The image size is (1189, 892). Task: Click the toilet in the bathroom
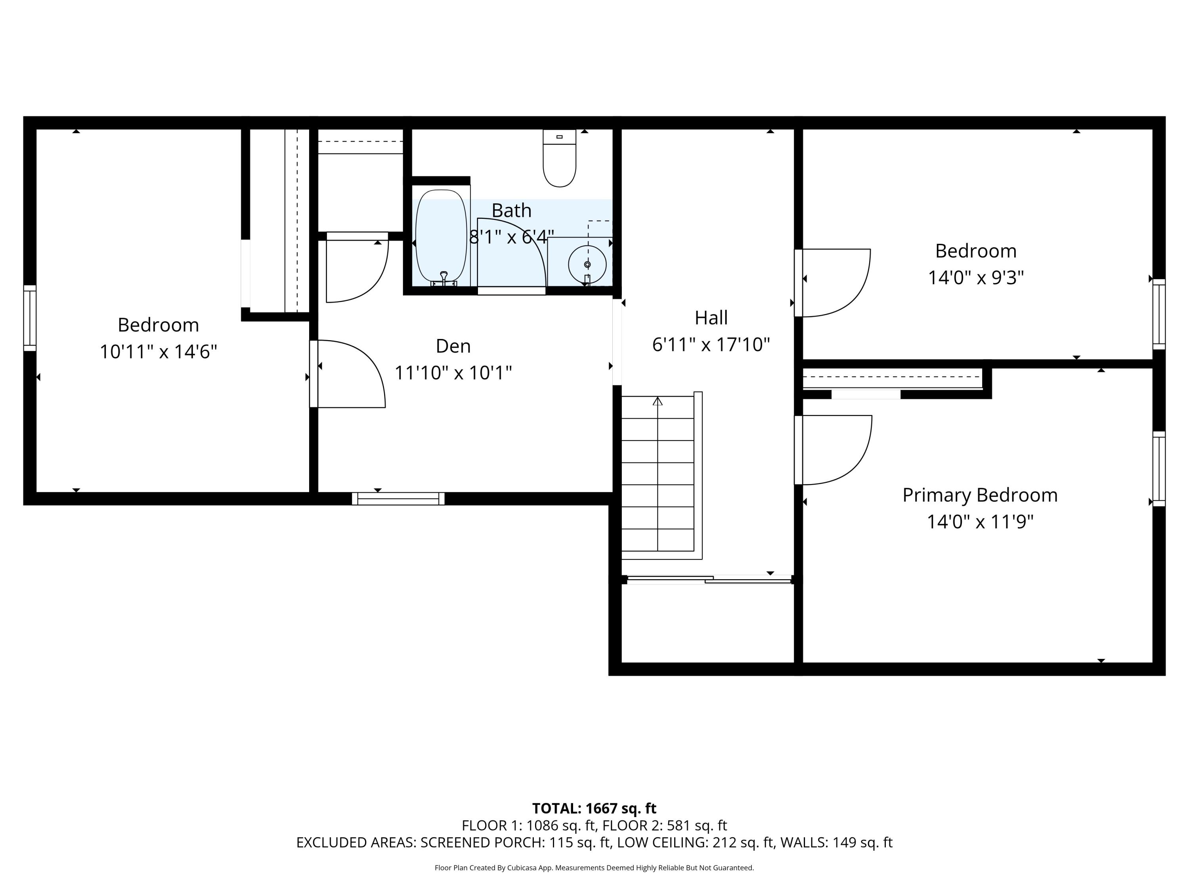pos(560,160)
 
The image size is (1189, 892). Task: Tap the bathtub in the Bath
pos(441,237)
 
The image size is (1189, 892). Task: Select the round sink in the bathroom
pos(587,264)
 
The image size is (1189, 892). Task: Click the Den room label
pos(453,346)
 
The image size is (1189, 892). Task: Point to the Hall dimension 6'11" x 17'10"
pos(711,345)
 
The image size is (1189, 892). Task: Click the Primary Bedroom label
pos(979,495)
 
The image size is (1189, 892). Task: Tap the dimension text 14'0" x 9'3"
pos(976,278)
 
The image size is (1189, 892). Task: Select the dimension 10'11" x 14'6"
pos(158,352)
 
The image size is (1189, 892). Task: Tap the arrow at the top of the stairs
pos(658,401)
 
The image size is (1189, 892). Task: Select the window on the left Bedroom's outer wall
pos(30,318)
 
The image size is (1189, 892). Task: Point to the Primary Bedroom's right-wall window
pos(1159,469)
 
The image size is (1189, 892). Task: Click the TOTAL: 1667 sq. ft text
pos(594,808)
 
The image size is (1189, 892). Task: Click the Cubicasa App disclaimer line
pos(594,867)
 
